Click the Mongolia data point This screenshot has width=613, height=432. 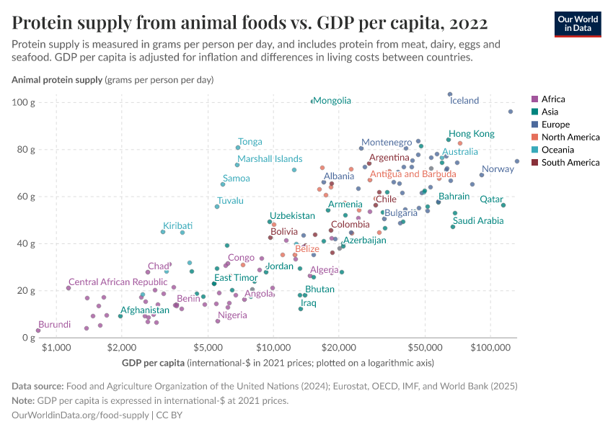312,102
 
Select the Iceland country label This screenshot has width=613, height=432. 464,101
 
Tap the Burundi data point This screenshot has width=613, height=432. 38,330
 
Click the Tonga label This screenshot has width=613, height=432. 250,142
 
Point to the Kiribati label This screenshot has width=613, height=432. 177,226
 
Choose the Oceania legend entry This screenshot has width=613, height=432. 560,150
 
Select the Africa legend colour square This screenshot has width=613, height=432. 534,99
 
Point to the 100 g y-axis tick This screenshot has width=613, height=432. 25,102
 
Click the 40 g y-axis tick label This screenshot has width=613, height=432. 27,243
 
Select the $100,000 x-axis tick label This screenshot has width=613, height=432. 490,348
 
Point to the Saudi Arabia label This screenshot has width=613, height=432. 478,221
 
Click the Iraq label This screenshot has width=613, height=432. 308,303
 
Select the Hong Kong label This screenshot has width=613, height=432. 472,134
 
